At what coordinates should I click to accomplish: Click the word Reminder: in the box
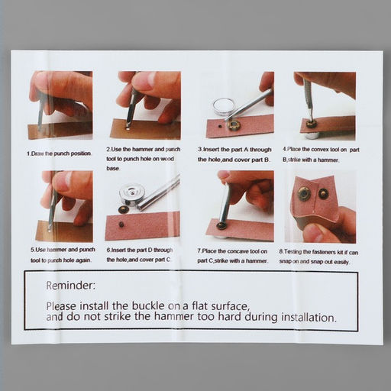point(70,286)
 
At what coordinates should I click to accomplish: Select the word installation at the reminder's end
point(309,318)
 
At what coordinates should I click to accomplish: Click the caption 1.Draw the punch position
point(59,153)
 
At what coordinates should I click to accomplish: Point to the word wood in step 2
point(167,159)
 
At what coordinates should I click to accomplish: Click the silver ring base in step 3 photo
point(222,107)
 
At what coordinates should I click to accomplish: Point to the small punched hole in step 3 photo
point(219,125)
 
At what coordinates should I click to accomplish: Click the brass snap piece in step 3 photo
point(233,125)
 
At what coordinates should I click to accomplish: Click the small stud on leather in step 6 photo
point(121,225)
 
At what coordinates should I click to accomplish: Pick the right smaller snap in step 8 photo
point(323,194)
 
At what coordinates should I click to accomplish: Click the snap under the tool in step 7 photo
point(221,225)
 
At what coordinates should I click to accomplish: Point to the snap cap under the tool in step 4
point(310,123)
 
